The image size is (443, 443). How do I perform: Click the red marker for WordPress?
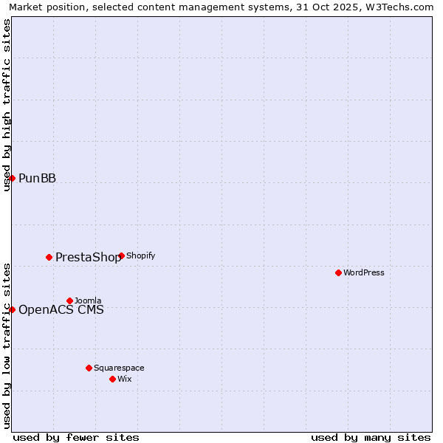click(x=338, y=272)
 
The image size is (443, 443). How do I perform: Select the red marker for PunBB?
click(x=12, y=178)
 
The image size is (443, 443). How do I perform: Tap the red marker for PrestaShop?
click(x=49, y=257)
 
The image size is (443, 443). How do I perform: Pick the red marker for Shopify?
click(x=121, y=255)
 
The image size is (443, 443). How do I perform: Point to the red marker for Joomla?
click(x=69, y=301)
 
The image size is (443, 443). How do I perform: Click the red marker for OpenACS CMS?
click(x=12, y=309)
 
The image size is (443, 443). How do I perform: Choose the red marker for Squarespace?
click(x=89, y=368)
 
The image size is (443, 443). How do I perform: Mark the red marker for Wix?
click(x=112, y=379)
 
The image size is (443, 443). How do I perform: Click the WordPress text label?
click(x=364, y=272)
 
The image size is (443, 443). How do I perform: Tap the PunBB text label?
click(x=37, y=178)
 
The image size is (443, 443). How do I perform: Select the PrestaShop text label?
click(x=88, y=257)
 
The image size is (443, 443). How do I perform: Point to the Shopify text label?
click(x=141, y=255)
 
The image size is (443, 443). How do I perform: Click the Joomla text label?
click(x=88, y=301)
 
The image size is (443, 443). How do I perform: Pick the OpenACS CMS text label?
click(x=61, y=309)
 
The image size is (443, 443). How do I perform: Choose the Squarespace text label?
click(x=119, y=368)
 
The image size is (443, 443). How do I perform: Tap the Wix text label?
click(x=124, y=379)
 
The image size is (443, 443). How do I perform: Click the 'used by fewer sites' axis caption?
click(x=76, y=437)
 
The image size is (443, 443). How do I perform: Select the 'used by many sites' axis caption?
click(x=371, y=437)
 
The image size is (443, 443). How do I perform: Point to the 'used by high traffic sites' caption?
click(x=7, y=105)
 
